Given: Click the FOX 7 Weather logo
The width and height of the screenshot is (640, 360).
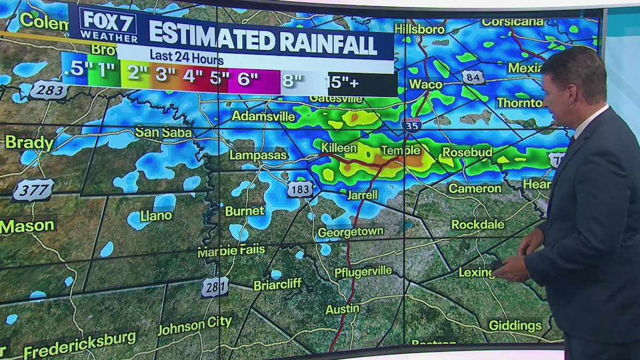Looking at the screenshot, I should click(x=108, y=26).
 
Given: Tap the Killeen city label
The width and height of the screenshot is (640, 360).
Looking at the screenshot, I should click(x=339, y=148).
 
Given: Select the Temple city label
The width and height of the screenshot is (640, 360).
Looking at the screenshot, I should click(x=400, y=151).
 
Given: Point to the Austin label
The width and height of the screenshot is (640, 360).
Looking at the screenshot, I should click(x=342, y=309).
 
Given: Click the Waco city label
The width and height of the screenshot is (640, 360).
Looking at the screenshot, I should click(x=426, y=84).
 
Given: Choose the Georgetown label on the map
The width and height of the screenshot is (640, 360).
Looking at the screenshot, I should click(x=351, y=232).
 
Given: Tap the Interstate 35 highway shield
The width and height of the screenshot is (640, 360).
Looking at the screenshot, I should click(x=411, y=125).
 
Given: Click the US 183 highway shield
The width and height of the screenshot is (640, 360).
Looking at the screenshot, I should click(x=300, y=189).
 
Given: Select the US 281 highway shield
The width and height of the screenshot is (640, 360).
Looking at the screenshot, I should click(x=215, y=287).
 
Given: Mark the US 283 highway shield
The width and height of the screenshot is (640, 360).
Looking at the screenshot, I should click(x=48, y=90).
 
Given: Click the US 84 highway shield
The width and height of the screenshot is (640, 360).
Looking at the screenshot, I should click(x=473, y=77).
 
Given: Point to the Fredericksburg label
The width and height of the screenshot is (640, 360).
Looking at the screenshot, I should click(x=80, y=344).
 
